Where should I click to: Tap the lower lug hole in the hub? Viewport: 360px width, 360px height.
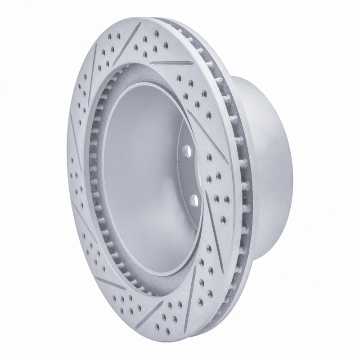pos(194,199)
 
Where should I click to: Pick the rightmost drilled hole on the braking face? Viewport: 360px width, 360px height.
pos(225,198)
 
